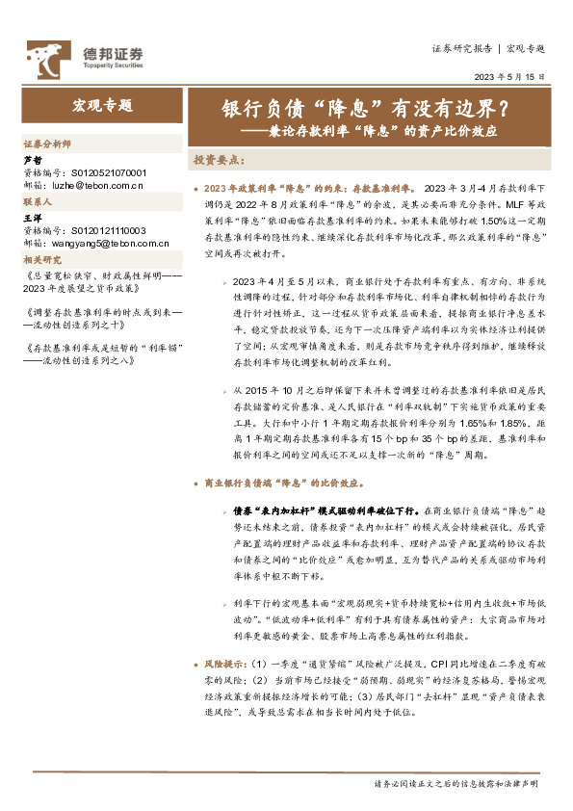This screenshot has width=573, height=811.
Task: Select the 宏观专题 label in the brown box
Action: pos(103,106)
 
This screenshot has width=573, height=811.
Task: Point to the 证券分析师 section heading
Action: pos(47,143)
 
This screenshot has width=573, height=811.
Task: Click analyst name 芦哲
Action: pos(34,159)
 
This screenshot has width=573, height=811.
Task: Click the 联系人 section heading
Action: pos(38,203)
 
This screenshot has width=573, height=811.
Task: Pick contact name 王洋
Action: pos(34,220)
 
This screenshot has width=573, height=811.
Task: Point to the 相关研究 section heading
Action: pos(42,260)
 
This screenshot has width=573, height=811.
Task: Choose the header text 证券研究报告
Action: pos(461,47)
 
